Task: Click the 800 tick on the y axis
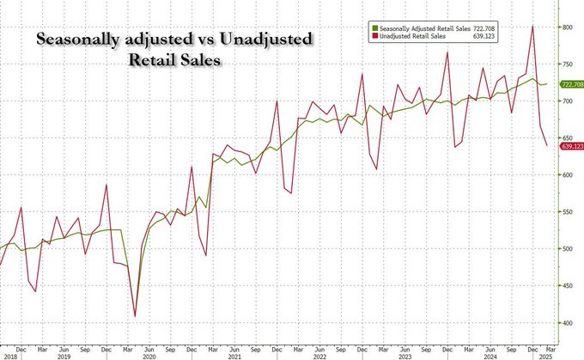click(566, 27)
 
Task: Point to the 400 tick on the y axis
click(566, 323)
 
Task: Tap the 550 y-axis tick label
click(566, 212)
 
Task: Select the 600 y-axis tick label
click(566, 175)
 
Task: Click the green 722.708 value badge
click(570, 84)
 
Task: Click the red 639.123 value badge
click(570, 147)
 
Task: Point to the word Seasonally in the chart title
click(78, 40)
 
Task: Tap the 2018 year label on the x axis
click(10, 355)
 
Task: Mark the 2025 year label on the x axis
click(544, 355)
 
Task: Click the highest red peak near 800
click(533, 26)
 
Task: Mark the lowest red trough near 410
click(134, 316)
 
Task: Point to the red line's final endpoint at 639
click(548, 146)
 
